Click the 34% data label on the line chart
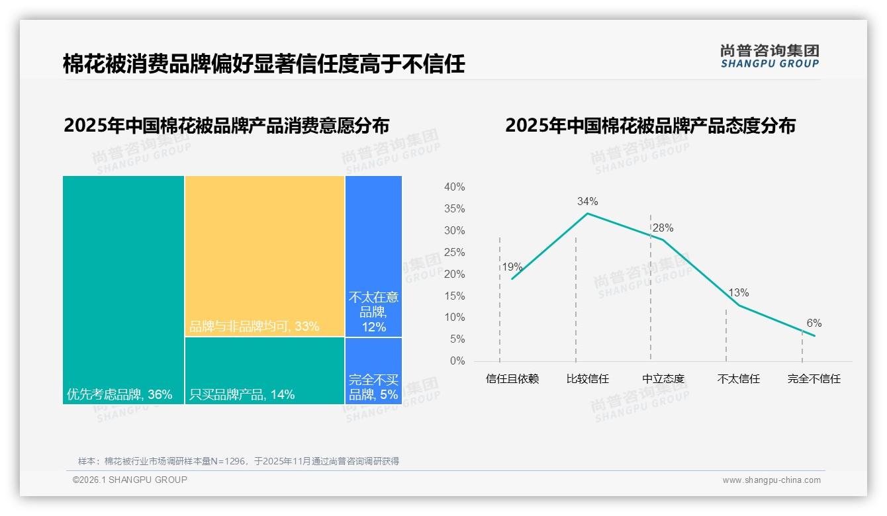coord(587,201)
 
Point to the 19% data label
coord(512,267)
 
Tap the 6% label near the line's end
coord(814,323)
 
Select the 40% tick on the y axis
coord(454,187)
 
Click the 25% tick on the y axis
coord(454,252)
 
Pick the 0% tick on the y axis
coord(457,361)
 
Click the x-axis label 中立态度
coord(663,379)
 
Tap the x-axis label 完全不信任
coord(814,379)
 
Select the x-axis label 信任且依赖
coord(512,379)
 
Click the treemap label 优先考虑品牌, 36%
coord(119,395)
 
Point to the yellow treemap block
coord(265,256)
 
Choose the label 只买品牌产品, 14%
coord(242,395)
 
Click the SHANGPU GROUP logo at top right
coord(769,56)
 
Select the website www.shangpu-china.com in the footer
coord(771,480)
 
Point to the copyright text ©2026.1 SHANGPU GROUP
coord(130,480)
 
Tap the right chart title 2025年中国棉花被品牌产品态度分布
coord(650,126)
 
